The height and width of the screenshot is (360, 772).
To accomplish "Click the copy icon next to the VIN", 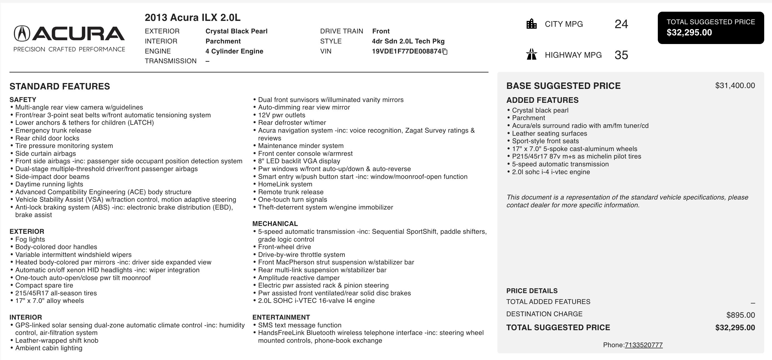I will [445, 52].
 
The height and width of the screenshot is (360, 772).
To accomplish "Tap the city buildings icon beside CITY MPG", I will [531, 24].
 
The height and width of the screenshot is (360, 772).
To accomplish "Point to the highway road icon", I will [531, 55].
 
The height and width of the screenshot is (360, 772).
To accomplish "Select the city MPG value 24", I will [621, 24].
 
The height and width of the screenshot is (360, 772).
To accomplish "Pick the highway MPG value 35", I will [621, 55].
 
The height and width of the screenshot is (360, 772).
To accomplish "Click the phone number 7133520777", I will [643, 345].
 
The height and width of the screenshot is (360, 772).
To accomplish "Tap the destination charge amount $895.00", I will [740, 315].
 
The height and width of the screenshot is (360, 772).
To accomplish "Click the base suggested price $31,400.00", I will [735, 86].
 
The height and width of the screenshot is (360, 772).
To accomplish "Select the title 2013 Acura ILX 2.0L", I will [192, 18].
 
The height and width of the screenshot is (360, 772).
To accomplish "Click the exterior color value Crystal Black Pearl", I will [236, 31].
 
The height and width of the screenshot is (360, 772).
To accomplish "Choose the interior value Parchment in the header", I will [223, 41].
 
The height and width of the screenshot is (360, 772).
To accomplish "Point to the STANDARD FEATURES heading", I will [60, 86].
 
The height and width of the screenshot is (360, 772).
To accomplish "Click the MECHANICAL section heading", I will [275, 224].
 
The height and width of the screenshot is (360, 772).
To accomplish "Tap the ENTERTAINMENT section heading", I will [281, 317].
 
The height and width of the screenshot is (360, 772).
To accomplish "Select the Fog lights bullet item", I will [30, 239].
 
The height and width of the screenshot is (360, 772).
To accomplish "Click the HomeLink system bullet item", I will [285, 184].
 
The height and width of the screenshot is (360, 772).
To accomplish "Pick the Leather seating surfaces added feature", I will [549, 133].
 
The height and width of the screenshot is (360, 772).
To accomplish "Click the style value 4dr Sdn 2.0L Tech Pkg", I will [408, 41].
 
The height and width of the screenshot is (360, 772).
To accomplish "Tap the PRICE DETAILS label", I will [532, 291].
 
